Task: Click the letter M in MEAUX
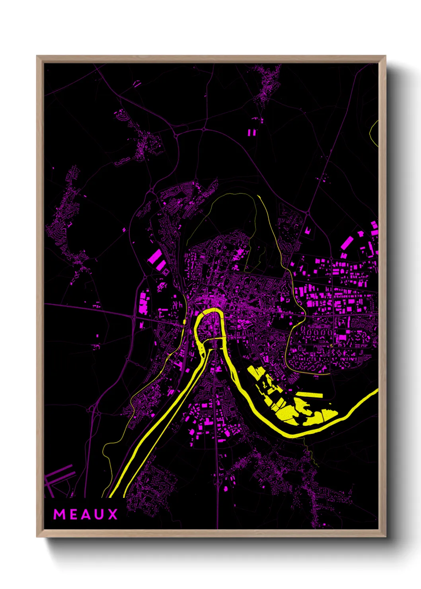pyautogui.click(x=59, y=515)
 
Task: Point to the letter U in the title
pyautogui.click(x=100, y=515)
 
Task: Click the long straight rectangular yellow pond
pyautogui.click(x=310, y=395)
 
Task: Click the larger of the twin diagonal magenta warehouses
pyautogui.click(x=154, y=257)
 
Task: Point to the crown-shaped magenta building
pyautogui.click(x=308, y=230)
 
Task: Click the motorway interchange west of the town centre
pyautogui.click(x=134, y=317)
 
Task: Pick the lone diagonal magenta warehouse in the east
pyautogui.click(x=347, y=242)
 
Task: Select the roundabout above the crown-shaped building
pyautogui.click(x=308, y=214)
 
